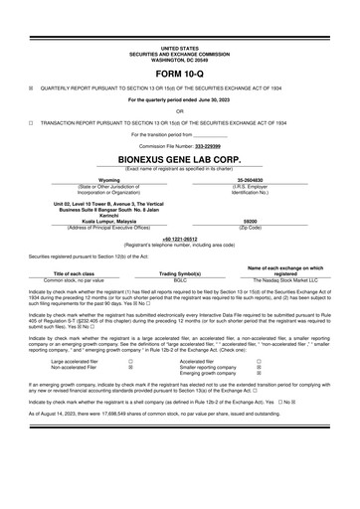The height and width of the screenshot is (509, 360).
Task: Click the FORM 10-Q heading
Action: point(179,74)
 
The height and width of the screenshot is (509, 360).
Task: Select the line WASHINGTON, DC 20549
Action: point(179,58)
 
